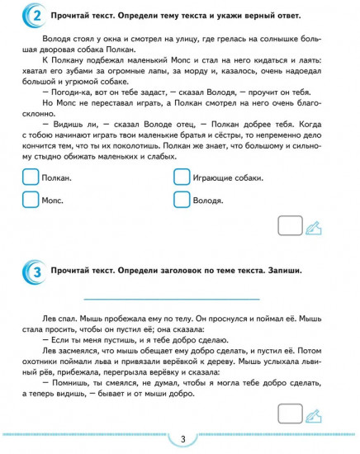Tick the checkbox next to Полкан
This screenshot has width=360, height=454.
pos(31,178)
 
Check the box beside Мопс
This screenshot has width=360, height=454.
pos(31,200)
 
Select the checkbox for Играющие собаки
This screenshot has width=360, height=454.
pos(182,178)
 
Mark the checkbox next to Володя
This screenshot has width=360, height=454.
pos(182,200)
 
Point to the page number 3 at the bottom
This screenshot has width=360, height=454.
pos(181,438)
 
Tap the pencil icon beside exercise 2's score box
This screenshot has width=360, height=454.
pos(314,226)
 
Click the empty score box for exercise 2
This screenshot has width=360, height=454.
pos(290,225)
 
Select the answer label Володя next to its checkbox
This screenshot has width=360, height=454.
pos(209,201)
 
